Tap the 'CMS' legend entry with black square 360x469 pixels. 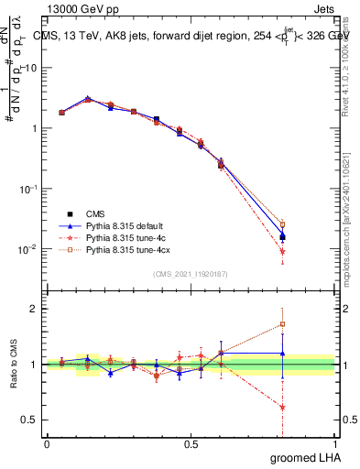95,212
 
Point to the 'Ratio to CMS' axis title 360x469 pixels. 14,364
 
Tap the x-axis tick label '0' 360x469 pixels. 47,442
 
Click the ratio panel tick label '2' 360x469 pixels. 33,309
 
